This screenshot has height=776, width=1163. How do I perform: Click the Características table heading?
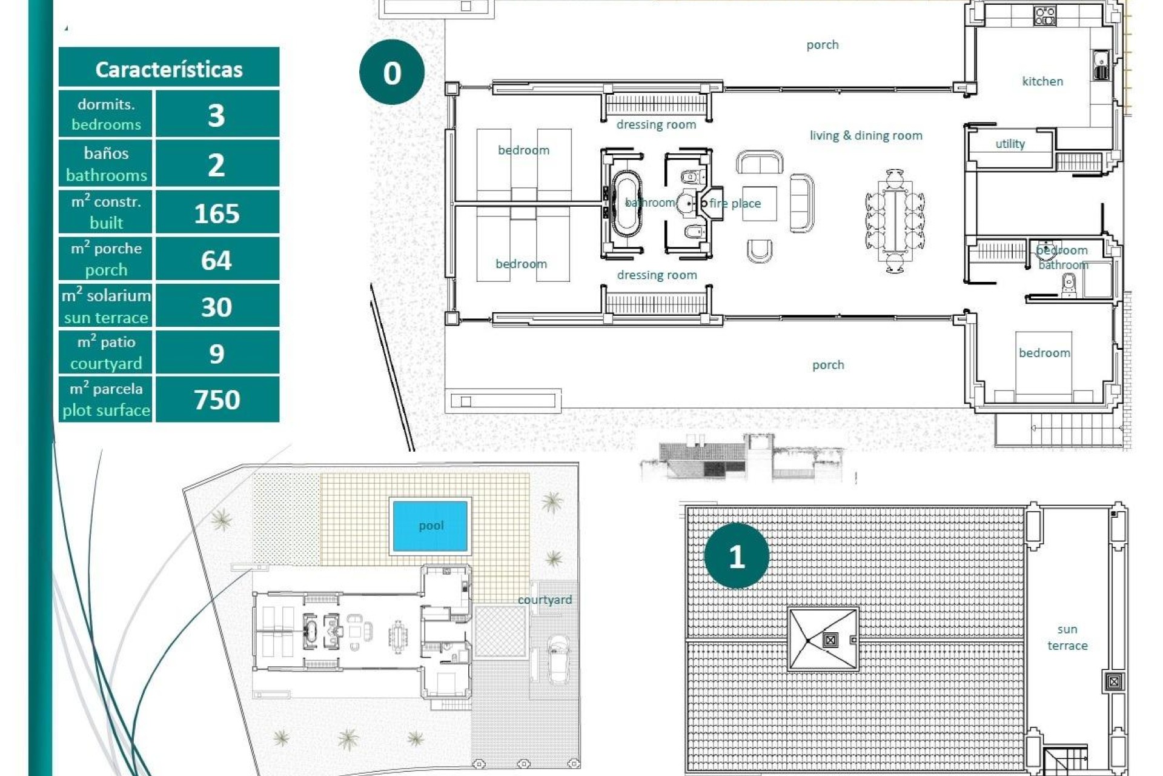point(169,69)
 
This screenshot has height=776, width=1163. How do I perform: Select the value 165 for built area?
point(216,213)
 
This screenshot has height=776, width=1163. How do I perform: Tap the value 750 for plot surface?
point(216,400)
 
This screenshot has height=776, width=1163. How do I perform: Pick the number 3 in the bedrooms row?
point(216,115)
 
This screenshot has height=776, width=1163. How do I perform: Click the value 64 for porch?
point(216,260)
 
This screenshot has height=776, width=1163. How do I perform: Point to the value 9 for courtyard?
point(216,353)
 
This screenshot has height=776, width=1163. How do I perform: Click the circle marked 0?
point(392,73)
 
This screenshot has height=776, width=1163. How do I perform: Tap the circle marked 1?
point(737,556)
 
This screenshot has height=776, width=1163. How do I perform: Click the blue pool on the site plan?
point(430,526)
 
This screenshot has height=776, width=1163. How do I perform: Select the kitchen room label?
point(1042,81)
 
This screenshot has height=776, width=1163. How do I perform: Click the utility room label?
point(1010,144)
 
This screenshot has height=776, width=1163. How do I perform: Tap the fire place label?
point(735,204)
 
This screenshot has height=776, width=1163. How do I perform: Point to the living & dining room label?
point(866,135)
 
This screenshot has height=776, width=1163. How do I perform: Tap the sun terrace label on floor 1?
point(1067,637)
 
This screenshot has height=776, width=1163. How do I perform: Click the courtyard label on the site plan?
point(545,600)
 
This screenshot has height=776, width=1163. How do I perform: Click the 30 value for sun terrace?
point(216,307)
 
